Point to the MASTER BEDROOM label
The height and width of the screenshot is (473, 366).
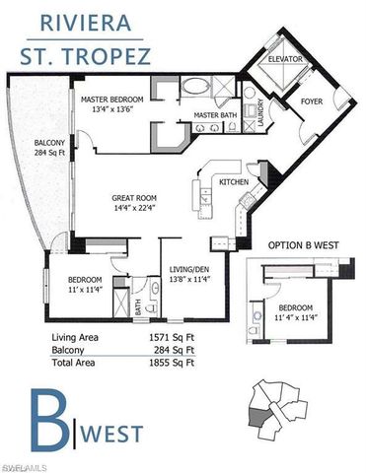click(114, 100)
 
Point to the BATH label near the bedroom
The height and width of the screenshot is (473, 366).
click(137, 308)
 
